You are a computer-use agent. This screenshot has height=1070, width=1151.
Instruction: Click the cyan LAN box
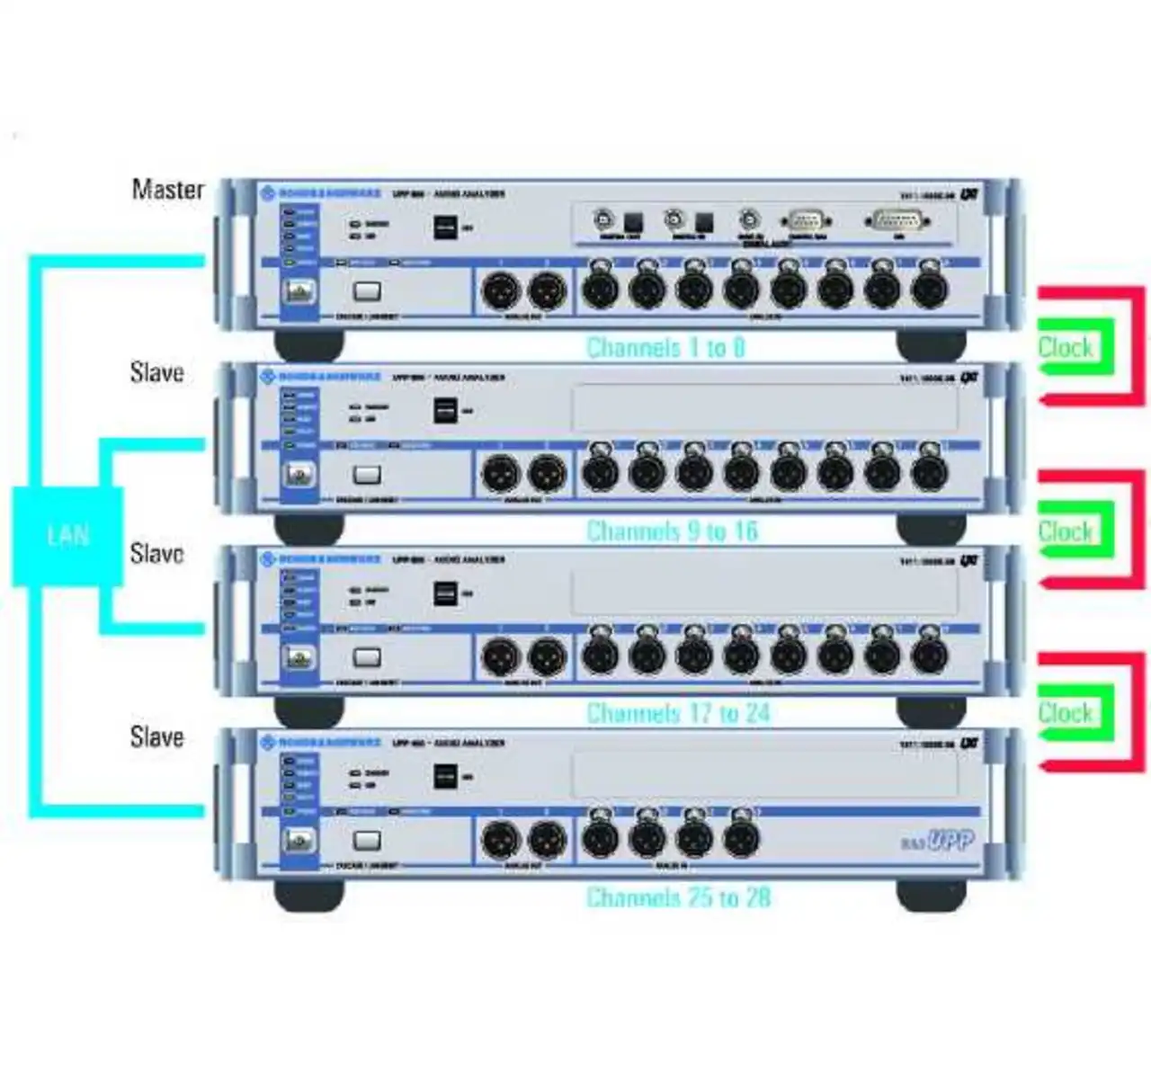[67, 536]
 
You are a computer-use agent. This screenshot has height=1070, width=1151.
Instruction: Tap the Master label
[167, 189]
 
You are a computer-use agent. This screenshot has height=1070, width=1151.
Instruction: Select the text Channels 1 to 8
[665, 347]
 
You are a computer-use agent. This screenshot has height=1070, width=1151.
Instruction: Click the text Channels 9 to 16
[672, 531]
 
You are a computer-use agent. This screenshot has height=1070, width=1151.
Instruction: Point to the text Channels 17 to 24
[678, 713]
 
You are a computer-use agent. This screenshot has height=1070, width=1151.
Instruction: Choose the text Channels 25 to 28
[678, 896]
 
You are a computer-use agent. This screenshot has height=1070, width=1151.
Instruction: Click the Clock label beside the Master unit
[1066, 347]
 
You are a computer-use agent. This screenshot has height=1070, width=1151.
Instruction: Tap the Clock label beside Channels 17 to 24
[1066, 713]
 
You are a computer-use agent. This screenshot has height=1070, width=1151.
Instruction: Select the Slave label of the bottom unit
[156, 736]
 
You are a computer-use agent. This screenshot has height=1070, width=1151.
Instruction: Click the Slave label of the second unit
[156, 371]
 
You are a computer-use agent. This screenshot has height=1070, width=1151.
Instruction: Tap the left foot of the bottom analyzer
[308, 893]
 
